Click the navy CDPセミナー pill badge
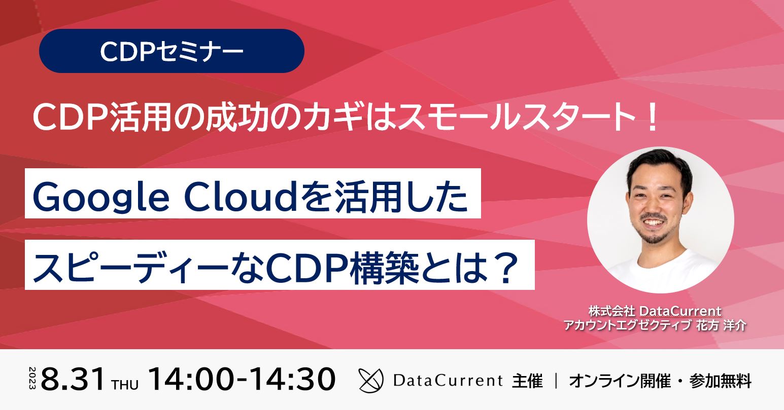172,51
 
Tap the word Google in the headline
101,199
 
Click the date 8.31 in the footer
73,379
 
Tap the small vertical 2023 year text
32,378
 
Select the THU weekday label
125,385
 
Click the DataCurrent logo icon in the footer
371,380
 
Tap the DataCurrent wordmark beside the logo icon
448,380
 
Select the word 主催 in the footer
527,381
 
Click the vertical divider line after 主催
556,381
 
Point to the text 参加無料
720,381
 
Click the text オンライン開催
620,381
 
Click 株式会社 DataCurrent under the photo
655,311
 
